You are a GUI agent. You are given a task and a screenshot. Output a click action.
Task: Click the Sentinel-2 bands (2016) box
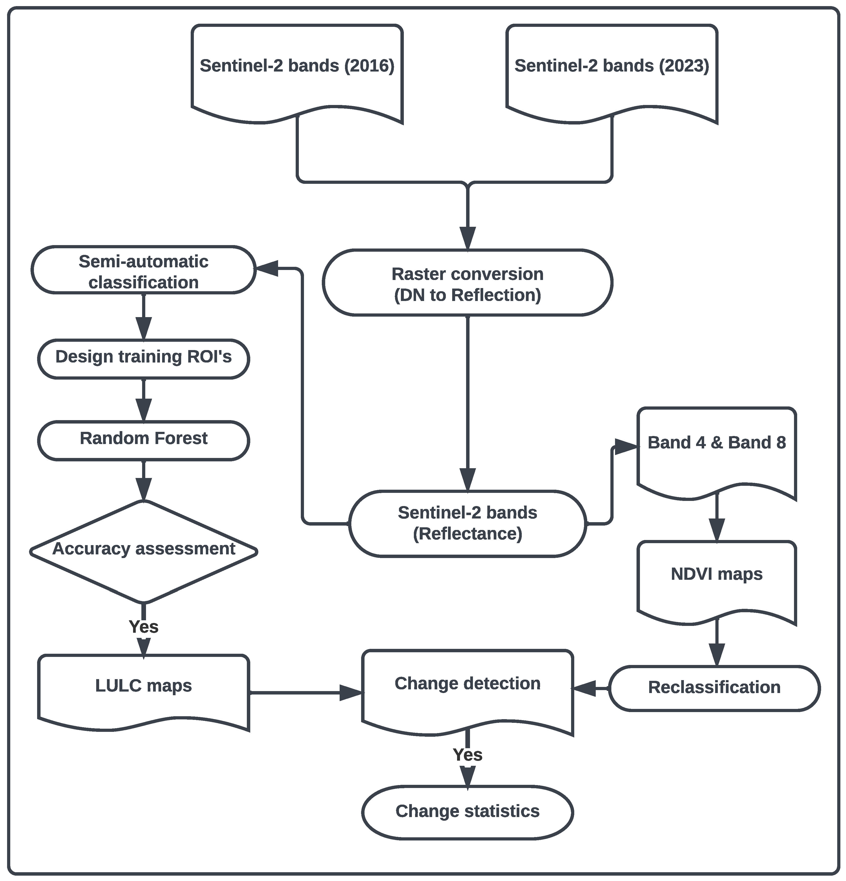297,72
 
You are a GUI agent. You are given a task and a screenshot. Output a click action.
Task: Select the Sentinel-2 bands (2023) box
611,72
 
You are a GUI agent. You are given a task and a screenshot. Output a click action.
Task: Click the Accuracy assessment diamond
143,551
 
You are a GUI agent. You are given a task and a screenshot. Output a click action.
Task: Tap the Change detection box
468,688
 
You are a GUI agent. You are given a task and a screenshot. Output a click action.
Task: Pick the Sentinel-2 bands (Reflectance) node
468,524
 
